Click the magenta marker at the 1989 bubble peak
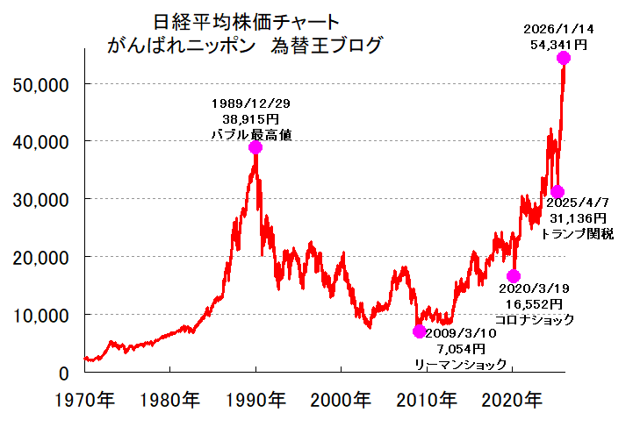[x=255, y=147]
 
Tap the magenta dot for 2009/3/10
[x=419, y=331]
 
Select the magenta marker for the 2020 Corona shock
[x=514, y=276]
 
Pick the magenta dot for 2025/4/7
[x=557, y=192]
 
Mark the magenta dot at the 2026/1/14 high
[x=563, y=58]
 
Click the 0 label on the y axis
[x=63, y=373]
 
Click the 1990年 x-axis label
[x=255, y=402]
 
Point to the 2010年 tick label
[x=428, y=402]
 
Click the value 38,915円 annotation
[x=252, y=118]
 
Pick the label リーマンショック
[x=460, y=364]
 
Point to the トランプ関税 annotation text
[x=577, y=233]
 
